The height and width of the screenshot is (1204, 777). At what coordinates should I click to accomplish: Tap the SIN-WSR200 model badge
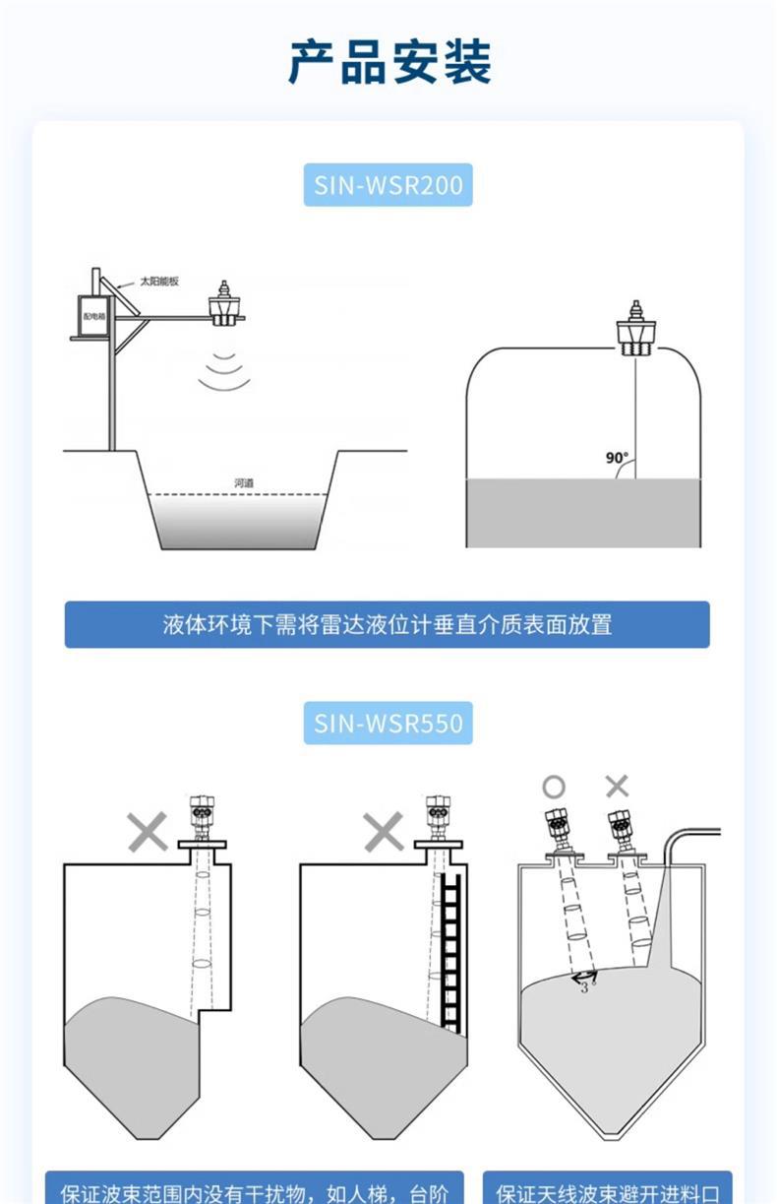pyautogui.click(x=388, y=185)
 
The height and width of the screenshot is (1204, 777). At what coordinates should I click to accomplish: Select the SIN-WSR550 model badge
pyautogui.click(x=388, y=724)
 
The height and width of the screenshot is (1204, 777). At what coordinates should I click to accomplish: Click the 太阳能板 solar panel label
pyautogui.click(x=158, y=282)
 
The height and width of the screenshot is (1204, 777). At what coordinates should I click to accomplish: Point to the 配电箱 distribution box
pyautogui.click(x=93, y=316)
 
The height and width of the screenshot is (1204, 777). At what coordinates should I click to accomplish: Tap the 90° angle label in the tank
pyautogui.click(x=617, y=458)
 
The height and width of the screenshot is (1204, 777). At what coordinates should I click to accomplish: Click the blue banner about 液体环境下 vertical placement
pyautogui.click(x=388, y=624)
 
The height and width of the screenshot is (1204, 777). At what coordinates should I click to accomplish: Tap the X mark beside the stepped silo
pyautogui.click(x=148, y=833)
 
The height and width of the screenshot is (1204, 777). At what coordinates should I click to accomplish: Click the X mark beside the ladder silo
pyautogui.click(x=384, y=833)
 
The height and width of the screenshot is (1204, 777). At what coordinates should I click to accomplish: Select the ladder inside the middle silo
pyautogui.click(x=451, y=950)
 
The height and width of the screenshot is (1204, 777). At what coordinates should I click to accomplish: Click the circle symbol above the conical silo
pyautogui.click(x=554, y=787)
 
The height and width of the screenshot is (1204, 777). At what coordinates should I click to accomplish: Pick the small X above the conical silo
pyautogui.click(x=617, y=786)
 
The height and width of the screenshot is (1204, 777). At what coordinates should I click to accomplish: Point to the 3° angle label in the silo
pyautogui.click(x=587, y=987)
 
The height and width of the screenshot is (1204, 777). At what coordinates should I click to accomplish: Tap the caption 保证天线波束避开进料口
pyautogui.click(x=607, y=1192)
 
